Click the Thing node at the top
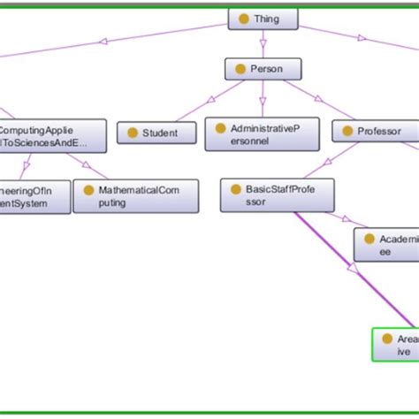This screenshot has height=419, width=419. point(263,19)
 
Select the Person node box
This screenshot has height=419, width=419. point(263,69)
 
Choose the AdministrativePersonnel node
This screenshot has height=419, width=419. point(255,134)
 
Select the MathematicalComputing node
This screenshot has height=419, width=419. point(123,195)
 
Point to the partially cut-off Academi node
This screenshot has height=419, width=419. point(386,245)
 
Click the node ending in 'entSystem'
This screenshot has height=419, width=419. point(34,196)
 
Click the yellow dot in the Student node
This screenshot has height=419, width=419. point(133,133)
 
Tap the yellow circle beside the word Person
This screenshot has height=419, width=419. point(240,69)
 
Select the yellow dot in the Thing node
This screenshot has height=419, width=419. point(242,19)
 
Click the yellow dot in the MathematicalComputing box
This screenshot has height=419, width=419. point(88,189)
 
